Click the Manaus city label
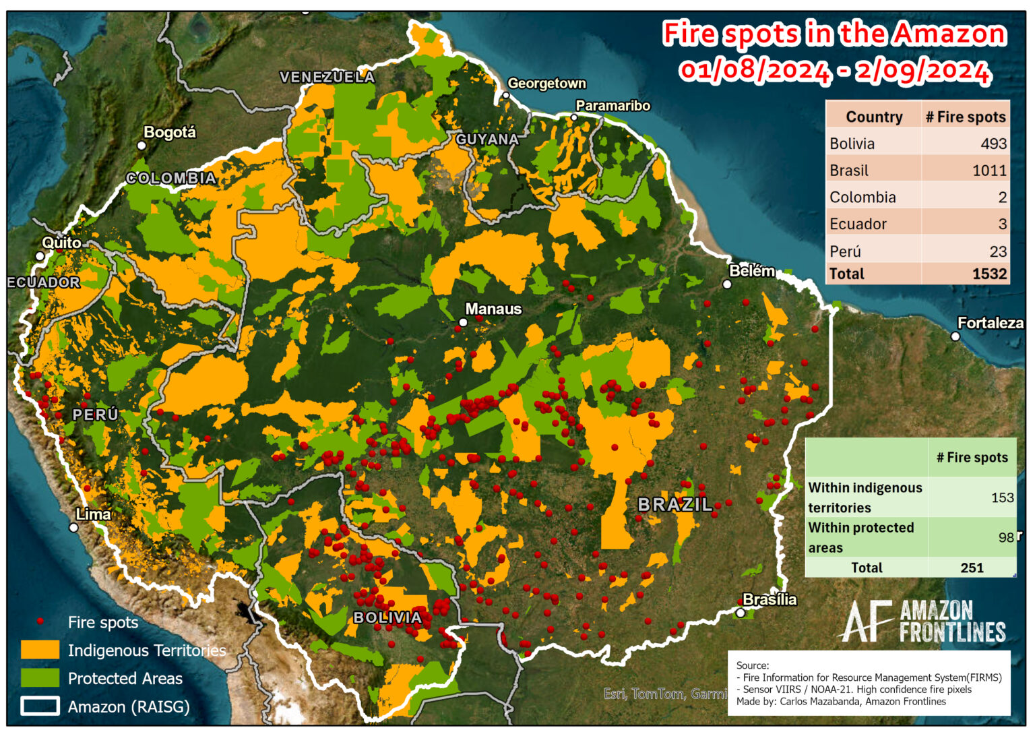(x=493, y=309)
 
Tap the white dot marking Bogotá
(x=142, y=145)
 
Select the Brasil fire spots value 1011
(x=989, y=171)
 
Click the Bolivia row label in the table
(x=852, y=144)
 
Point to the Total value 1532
(x=989, y=274)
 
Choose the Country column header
(x=873, y=117)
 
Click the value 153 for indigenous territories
(x=1002, y=497)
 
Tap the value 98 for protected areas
(x=1006, y=537)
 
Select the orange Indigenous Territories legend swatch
(x=40, y=650)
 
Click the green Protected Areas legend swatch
(x=40, y=678)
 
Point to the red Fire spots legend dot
(x=40, y=621)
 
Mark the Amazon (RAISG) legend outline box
(x=40, y=706)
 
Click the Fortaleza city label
(x=990, y=323)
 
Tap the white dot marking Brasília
(x=740, y=613)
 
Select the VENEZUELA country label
(x=327, y=78)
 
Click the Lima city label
(x=93, y=514)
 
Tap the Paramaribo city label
(x=613, y=106)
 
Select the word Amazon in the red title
(x=949, y=34)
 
